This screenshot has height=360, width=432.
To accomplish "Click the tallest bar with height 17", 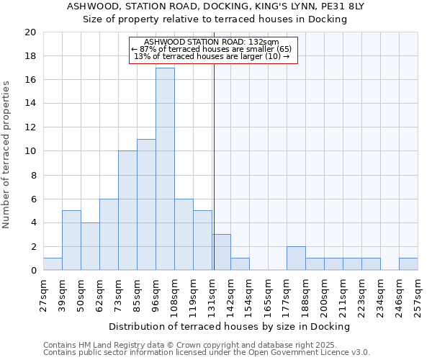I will (x=165, y=169).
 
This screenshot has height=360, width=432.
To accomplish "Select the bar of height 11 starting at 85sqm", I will (x=146, y=205).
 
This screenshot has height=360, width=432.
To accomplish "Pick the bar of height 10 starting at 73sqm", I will (x=127, y=211).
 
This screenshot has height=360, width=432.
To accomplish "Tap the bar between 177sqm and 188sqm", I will (x=296, y=258).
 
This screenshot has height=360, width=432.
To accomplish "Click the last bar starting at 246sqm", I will (x=408, y=264).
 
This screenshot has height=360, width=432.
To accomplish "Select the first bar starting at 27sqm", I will (x=53, y=264).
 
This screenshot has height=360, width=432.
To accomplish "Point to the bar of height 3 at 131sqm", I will (x=221, y=253).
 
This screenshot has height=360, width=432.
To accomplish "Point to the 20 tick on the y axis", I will (x=30, y=32).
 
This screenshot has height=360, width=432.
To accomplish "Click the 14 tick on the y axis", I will (x=30, y=104).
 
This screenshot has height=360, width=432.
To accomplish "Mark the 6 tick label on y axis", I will (x=32, y=199).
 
